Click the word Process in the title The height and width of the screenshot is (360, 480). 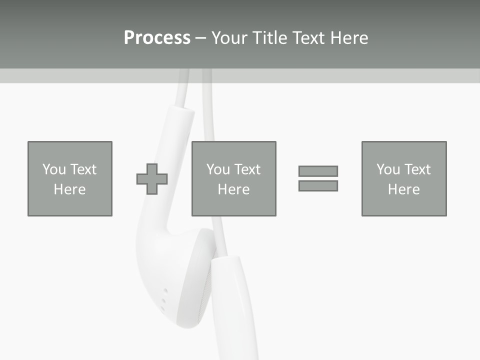point(157,38)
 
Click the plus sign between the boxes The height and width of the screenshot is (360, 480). point(152,179)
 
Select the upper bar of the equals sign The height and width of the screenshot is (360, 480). point(318,171)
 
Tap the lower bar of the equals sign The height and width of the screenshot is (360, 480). point(318,185)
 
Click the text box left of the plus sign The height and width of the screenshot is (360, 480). point(70,178)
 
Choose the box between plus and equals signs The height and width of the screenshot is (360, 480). point(234,178)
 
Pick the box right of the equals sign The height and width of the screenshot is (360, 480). point(404,178)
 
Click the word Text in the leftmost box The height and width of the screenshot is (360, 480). point(83,169)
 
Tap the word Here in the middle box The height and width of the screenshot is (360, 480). point(234,189)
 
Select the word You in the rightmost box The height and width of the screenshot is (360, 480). point(388,169)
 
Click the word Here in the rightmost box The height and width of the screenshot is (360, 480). point(404,189)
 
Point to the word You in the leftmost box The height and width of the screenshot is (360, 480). point(54,169)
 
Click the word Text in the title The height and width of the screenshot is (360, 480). point(306,38)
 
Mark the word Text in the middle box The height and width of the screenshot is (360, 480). point(247,169)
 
